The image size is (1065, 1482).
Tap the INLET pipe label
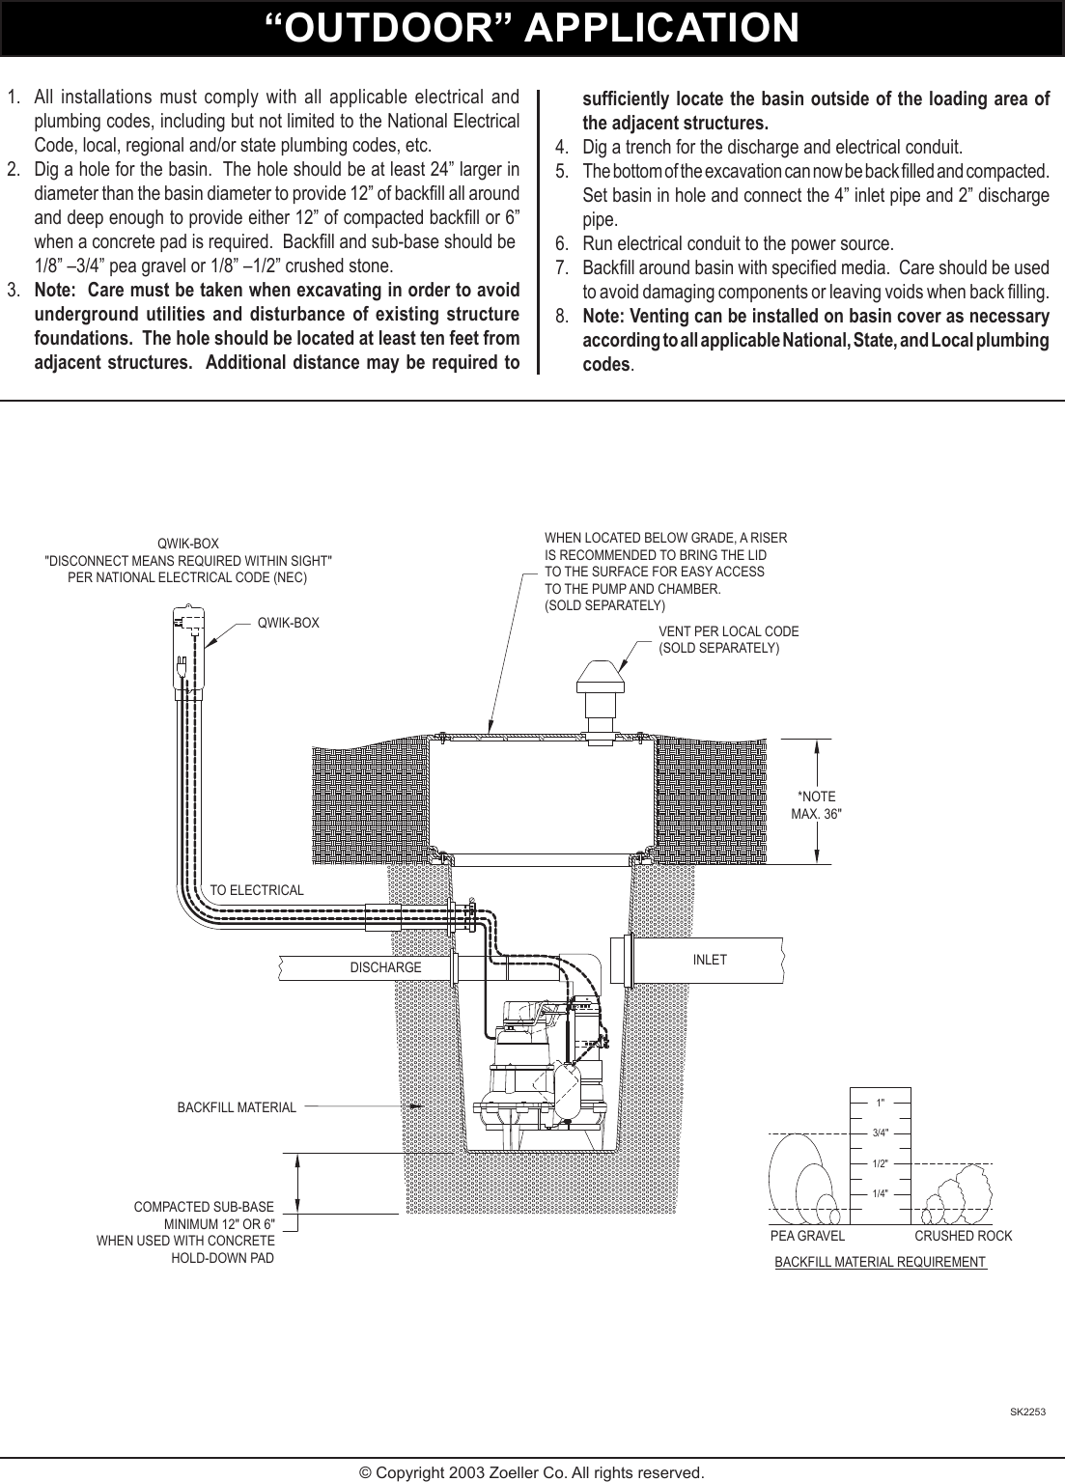710,960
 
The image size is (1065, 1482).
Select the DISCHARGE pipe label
385,966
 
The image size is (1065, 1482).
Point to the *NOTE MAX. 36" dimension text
817,804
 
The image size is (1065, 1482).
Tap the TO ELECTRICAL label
257,889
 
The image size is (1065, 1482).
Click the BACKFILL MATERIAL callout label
237,1107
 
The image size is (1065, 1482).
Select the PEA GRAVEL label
807,1236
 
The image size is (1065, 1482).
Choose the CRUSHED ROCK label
963,1236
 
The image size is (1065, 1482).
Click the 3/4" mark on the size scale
880,1132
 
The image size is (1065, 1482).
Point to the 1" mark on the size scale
880,1102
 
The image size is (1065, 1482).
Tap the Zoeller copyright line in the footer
532,1472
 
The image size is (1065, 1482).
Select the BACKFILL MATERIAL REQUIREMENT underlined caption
880,1262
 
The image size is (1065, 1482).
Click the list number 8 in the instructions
561,317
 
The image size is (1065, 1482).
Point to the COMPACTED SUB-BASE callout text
204,1207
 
